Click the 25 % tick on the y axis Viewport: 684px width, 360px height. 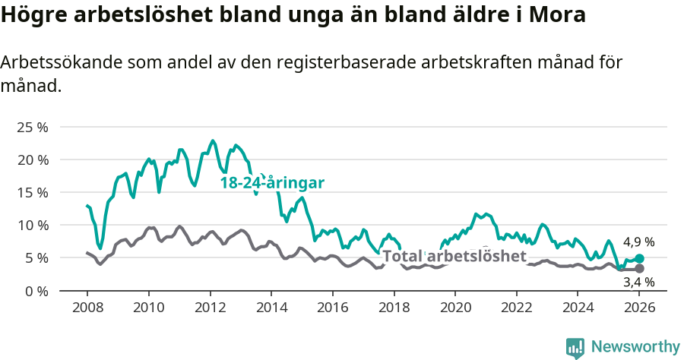pos(32,127)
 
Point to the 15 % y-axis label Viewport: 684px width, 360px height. pos(32,192)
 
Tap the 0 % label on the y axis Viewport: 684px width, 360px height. pos(36,291)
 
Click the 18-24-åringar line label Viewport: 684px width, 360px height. pos(272,183)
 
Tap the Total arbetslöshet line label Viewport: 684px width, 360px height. pos(454,256)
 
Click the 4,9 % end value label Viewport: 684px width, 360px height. pos(638,242)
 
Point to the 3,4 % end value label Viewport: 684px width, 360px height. pos(638,282)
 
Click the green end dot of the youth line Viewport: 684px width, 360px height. pos(640,259)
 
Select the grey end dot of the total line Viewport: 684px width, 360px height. pos(640,269)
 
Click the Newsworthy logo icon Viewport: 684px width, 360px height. pos(575,348)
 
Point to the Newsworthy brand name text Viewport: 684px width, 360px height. pos(635,347)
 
